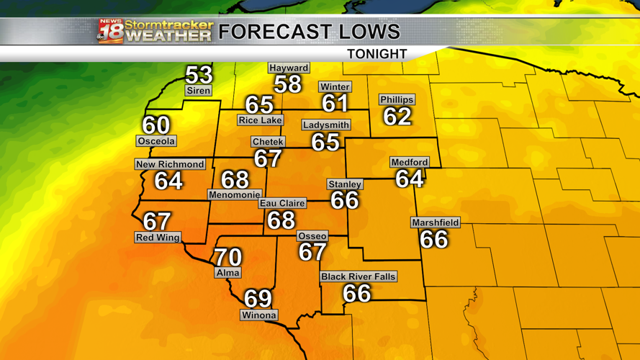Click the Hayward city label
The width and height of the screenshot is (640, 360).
[289, 68]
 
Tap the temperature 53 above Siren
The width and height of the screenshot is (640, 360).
[199, 74]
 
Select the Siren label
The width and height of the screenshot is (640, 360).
[198, 91]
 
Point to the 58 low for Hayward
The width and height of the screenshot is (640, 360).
[287, 84]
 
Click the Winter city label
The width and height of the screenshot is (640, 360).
[335, 87]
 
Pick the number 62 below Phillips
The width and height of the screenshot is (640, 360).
[397, 116]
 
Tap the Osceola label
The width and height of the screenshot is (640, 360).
[156, 141]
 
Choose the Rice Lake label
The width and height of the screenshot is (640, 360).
[261, 120]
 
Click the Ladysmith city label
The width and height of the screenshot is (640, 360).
[326, 125]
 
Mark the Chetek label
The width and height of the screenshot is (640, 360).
[268, 142]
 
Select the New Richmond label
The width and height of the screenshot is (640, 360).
[171, 164]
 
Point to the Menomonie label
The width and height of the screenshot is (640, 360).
[235, 194]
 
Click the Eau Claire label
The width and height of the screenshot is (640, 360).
[282, 204]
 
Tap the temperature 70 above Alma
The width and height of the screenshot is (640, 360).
[227, 256]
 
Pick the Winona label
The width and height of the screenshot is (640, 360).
[259, 315]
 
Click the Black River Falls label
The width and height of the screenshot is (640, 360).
[359, 276]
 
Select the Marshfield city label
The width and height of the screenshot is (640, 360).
[436, 223]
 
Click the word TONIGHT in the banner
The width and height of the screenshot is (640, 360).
[377, 54]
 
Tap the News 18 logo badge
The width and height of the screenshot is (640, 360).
[110, 32]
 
